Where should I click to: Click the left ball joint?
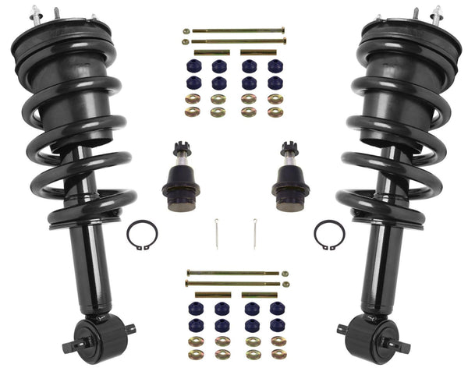pos(178,179)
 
